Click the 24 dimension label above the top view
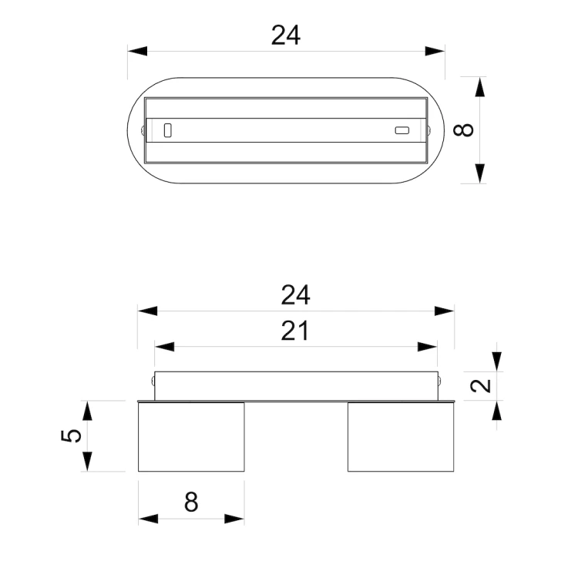(x=286, y=35)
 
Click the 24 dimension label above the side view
(x=296, y=295)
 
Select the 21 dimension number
(x=295, y=331)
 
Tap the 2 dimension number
(x=481, y=386)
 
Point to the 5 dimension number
(x=71, y=435)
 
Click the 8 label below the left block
(x=191, y=502)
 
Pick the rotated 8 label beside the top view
(x=463, y=130)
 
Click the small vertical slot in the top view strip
(x=168, y=130)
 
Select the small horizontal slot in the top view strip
(x=402, y=130)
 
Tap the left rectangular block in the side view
(x=191, y=437)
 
